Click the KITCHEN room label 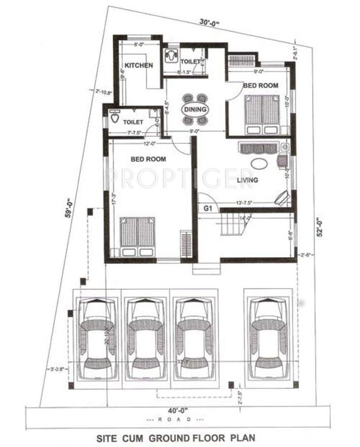click(138, 66)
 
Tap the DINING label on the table click(194, 110)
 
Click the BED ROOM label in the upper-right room click(260, 85)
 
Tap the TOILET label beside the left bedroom click(133, 123)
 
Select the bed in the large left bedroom click(137, 236)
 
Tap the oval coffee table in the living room click(260, 163)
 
